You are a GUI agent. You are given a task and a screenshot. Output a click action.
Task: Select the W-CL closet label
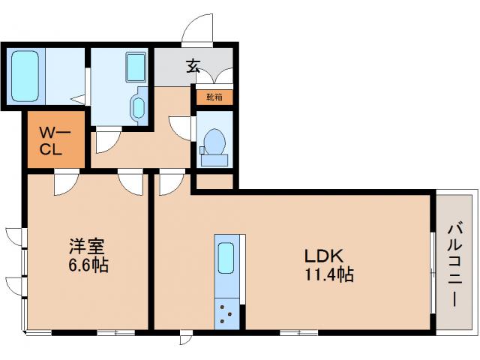55,139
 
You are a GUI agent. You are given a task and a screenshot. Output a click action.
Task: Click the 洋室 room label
87,247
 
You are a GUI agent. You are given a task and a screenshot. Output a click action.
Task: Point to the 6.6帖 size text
87,265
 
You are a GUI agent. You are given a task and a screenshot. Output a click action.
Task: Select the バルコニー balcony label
456,263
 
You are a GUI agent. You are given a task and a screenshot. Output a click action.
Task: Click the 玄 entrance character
192,67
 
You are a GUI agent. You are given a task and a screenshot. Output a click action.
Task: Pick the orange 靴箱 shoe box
214,97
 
